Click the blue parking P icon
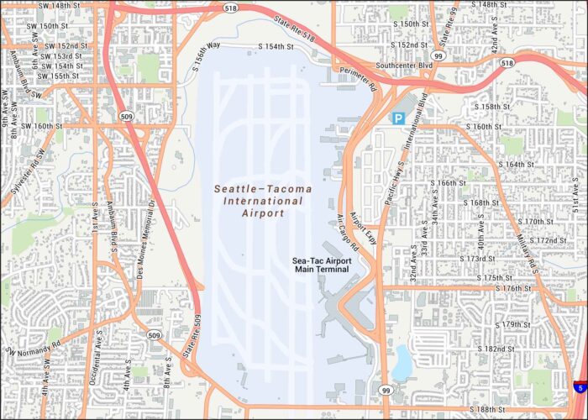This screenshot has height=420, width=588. (x=398, y=119)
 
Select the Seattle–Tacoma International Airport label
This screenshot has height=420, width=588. (x=260, y=201)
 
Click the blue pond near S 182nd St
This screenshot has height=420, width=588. (x=401, y=362)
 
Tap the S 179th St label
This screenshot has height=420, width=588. (x=509, y=324)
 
